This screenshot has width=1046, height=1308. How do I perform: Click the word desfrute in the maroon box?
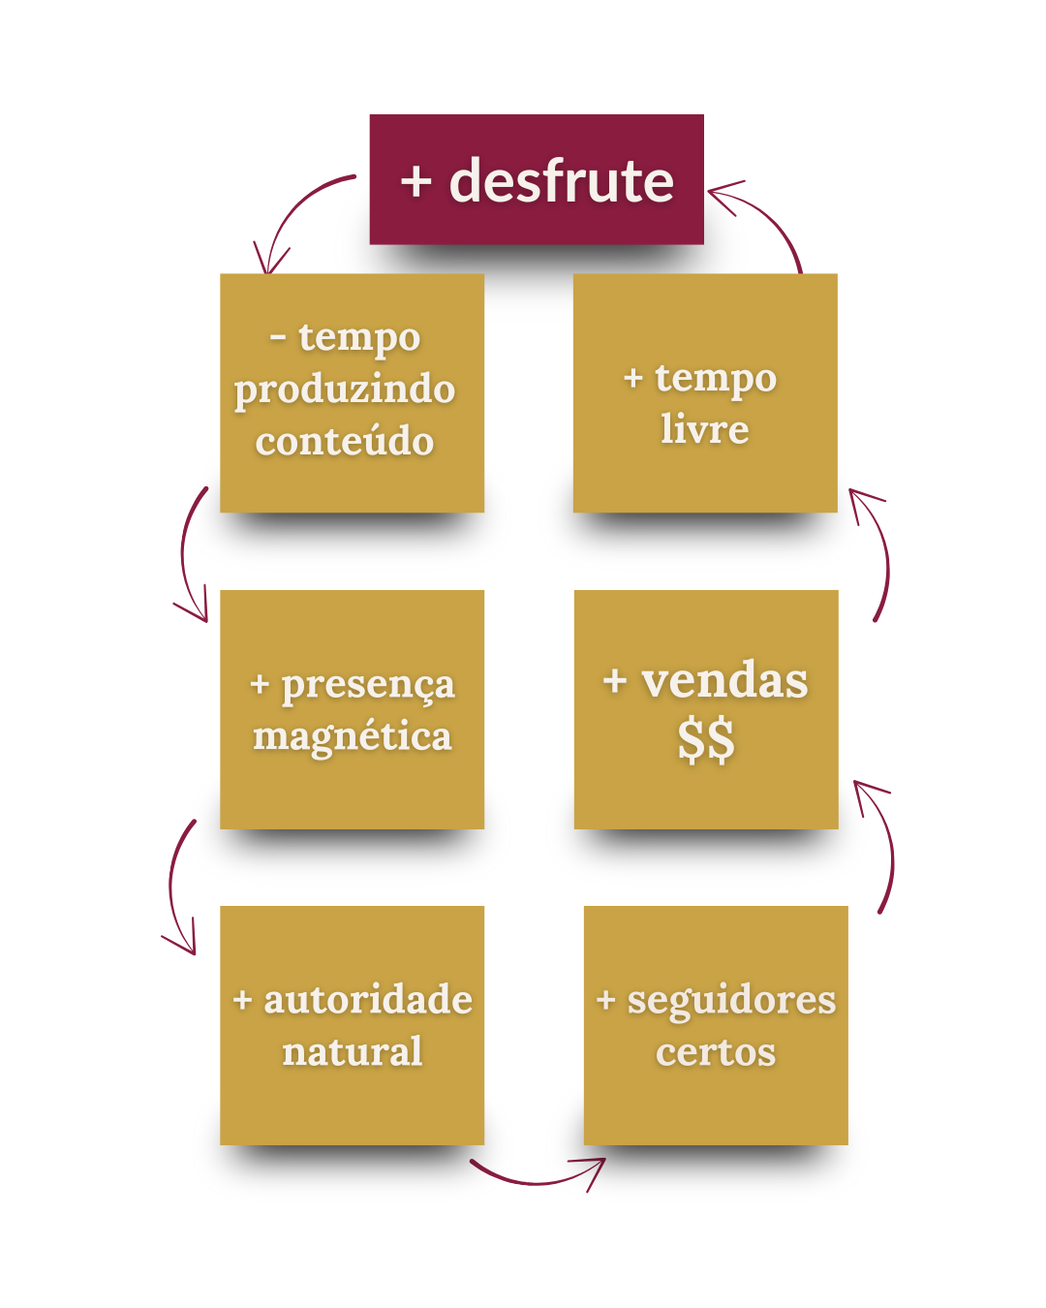click(x=562, y=181)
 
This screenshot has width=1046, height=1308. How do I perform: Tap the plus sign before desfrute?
click(x=415, y=181)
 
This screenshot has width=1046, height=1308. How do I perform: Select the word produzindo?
click(x=345, y=390)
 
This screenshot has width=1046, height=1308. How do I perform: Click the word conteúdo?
click(x=345, y=442)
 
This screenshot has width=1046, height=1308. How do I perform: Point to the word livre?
click(x=705, y=428)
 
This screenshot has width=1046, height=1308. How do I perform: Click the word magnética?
click(x=353, y=736)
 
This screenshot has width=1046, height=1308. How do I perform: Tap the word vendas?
click(x=724, y=680)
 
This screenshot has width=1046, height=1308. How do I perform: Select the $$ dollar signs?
click(x=706, y=740)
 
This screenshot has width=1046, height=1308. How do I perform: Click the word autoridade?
click(x=368, y=1000)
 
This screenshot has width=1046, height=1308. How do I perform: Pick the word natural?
click(x=353, y=1051)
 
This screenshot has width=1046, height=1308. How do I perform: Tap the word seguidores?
click(x=731, y=1000)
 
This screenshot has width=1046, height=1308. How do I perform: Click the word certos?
click(x=716, y=1052)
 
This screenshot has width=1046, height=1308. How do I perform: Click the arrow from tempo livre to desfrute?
click(x=770, y=218)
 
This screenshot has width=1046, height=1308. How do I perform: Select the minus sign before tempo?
click(x=279, y=338)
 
